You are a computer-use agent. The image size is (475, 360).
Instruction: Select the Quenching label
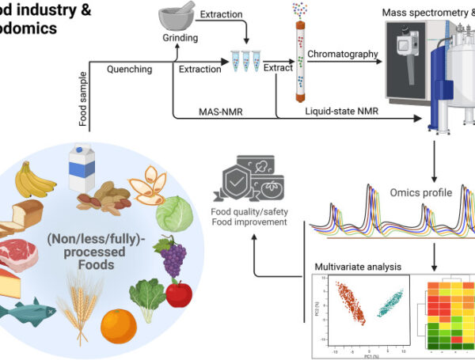(130, 70)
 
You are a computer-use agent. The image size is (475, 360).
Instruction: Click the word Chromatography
(342, 54)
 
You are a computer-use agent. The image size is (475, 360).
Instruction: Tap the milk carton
(82, 166)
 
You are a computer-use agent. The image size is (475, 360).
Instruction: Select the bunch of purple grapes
(173, 252)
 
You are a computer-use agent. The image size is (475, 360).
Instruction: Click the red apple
(179, 294)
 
